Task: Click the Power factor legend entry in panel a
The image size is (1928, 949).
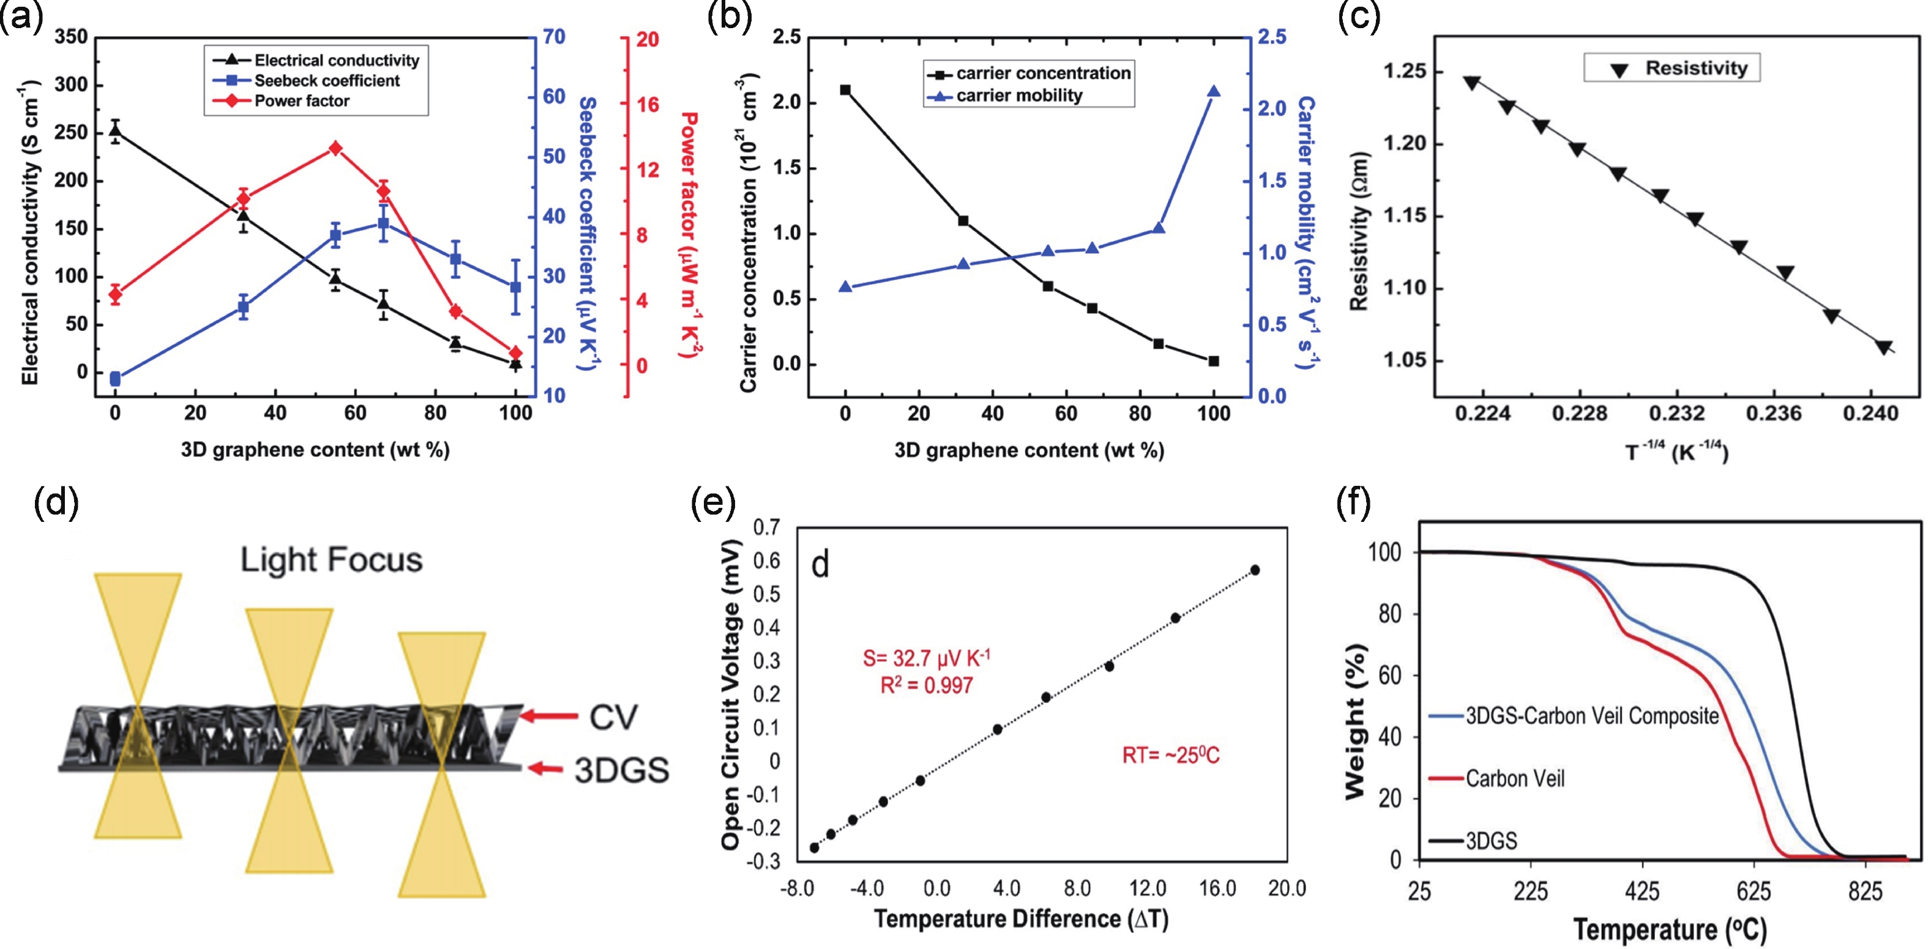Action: click(x=302, y=101)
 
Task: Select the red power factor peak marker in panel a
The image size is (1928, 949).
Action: click(x=335, y=149)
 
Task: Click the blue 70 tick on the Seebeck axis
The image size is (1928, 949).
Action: click(x=554, y=37)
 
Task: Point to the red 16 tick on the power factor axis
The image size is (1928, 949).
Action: click(x=648, y=104)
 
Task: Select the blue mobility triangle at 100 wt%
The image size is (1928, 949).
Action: click(x=1214, y=92)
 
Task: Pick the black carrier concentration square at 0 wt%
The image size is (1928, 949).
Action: click(x=846, y=90)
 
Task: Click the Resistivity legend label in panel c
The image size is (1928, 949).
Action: click(x=1696, y=68)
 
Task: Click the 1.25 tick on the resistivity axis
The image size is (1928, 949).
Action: click(x=1404, y=72)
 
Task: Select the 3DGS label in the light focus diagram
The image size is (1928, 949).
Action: click(x=621, y=770)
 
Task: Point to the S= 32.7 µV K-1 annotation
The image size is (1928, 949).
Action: click(x=927, y=658)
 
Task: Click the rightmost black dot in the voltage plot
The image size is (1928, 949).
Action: click(x=1255, y=570)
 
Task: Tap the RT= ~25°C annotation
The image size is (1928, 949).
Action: click(x=1170, y=756)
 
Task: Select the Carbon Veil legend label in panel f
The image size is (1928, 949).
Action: click(x=1515, y=779)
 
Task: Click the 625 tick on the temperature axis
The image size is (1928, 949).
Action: click(x=1753, y=891)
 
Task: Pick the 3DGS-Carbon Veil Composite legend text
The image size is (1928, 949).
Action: click(x=1592, y=716)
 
